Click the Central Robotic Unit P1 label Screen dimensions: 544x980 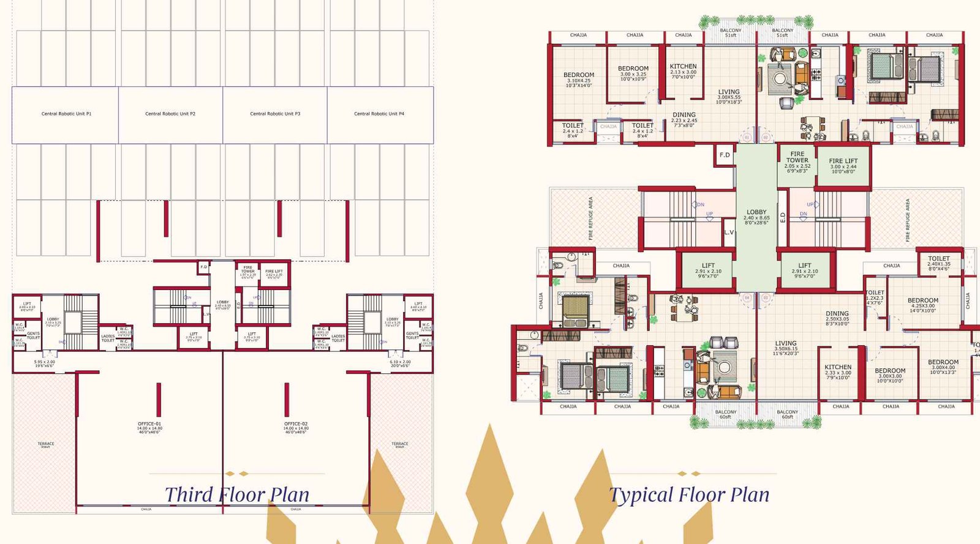pos(66,114)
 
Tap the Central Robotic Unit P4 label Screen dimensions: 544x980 pos(379,114)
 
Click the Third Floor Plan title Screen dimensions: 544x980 pos(237,494)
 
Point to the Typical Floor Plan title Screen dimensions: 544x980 pos(689,494)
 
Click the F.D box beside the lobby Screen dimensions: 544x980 pos(725,155)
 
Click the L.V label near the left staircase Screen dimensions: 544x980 pos(728,233)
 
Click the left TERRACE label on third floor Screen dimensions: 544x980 pos(46,444)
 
